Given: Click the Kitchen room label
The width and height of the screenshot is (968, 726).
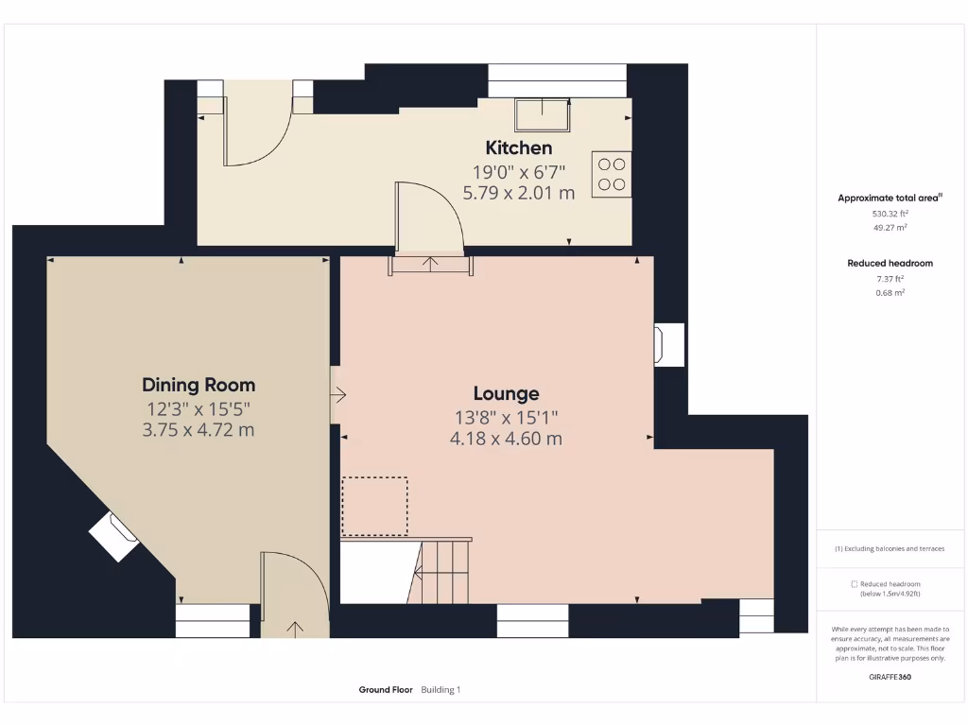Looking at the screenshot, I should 518,147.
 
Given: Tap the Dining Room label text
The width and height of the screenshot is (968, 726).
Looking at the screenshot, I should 199,385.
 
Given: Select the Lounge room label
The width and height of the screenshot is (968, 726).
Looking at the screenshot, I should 506,393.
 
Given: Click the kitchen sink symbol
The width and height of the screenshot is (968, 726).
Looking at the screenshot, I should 544,114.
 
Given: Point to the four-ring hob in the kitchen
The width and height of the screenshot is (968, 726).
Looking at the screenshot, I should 612,174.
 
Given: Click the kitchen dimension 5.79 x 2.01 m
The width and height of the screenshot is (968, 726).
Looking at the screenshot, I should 518,193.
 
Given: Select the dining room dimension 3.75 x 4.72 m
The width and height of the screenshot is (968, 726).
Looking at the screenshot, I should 199,430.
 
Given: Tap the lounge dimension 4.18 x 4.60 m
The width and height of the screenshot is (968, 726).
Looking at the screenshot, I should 506,439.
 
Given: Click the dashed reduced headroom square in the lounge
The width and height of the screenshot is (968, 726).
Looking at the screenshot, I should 374,507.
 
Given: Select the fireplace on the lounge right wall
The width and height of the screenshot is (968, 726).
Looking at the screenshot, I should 668,344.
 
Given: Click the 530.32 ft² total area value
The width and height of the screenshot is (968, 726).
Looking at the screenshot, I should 890,214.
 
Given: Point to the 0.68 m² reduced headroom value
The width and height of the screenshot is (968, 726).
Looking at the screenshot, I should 890,293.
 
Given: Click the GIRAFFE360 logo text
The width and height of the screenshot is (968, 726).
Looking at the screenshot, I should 890,677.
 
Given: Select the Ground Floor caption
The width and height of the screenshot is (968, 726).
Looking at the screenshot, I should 386,690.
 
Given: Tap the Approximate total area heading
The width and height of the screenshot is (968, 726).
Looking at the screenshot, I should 890,198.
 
